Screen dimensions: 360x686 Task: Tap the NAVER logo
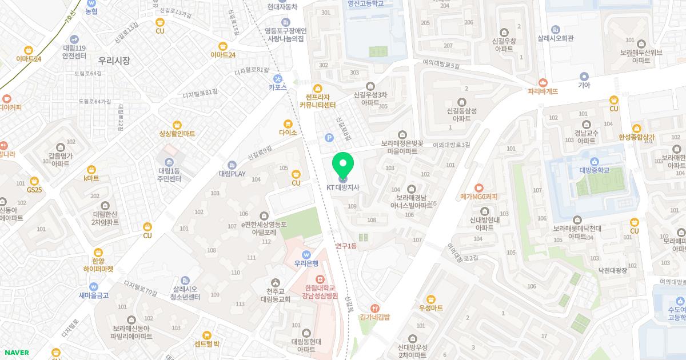click(x=16, y=352)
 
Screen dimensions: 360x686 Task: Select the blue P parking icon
click(x=329, y=137)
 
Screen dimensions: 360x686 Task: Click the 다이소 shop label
click(x=288, y=133)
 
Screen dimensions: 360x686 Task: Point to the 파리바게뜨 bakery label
click(x=543, y=91)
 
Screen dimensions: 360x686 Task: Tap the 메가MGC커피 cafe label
click(x=479, y=197)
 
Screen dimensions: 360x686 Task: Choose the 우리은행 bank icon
click(x=306, y=254)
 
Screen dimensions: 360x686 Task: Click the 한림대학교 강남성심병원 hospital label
click(x=321, y=293)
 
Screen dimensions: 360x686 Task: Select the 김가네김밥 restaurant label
click(x=374, y=317)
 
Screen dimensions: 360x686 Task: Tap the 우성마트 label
click(x=431, y=307)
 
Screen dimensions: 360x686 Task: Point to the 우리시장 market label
click(x=114, y=60)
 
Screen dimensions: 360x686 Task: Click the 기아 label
click(x=584, y=85)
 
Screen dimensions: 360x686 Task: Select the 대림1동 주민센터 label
click(x=170, y=175)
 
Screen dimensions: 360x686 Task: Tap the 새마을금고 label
click(x=94, y=295)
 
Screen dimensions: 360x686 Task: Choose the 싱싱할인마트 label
click(x=177, y=133)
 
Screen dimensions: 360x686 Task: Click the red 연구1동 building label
click(x=346, y=246)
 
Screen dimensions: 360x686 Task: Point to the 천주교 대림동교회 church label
click(x=276, y=294)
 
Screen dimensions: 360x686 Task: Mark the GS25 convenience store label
click(x=34, y=189)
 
